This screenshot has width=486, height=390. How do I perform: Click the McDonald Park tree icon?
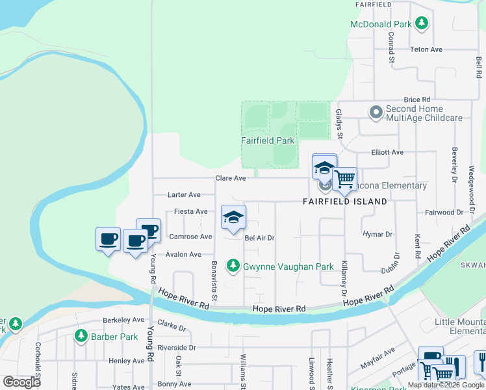(422, 24)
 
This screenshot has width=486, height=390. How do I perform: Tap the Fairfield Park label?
(268, 140)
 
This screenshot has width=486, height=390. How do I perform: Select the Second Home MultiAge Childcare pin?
(376, 112)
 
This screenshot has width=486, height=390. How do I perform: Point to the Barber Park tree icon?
(81, 336)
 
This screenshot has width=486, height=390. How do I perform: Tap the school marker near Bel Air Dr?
(233, 218)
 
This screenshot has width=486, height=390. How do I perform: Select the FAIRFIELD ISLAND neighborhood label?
(345, 201)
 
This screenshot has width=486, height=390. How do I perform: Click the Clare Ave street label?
(231, 178)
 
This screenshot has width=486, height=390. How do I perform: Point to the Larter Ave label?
(185, 194)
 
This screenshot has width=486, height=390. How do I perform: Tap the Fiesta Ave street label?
(191, 211)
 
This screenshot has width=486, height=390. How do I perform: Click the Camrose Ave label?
(190, 237)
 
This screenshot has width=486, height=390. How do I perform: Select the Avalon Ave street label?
(184, 254)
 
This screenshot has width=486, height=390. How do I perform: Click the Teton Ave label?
(426, 49)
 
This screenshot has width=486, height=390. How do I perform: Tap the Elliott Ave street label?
(387, 152)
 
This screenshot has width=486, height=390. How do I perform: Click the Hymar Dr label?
(379, 234)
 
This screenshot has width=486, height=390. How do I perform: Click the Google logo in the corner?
(21, 382)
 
